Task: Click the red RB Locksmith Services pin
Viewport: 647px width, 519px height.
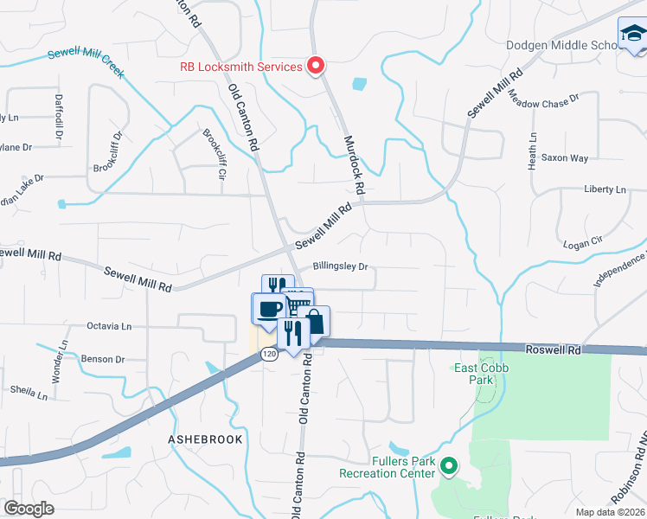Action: click(x=317, y=66)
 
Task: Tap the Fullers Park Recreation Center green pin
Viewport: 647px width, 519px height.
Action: click(x=448, y=467)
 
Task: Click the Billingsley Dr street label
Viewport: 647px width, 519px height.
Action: click(x=341, y=267)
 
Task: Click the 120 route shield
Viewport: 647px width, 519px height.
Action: click(x=271, y=354)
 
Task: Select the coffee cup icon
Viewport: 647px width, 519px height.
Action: click(x=270, y=309)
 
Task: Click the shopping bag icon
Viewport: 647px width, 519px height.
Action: click(x=316, y=320)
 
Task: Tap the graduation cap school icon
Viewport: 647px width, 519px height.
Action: click(x=632, y=35)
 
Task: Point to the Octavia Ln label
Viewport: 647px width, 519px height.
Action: click(x=109, y=326)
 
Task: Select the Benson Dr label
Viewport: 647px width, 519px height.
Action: click(x=102, y=359)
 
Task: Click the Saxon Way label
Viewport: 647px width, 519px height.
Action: click(x=565, y=158)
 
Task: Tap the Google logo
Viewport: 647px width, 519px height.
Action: click(x=29, y=509)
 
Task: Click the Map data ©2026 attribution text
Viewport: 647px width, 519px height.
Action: click(x=611, y=512)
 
